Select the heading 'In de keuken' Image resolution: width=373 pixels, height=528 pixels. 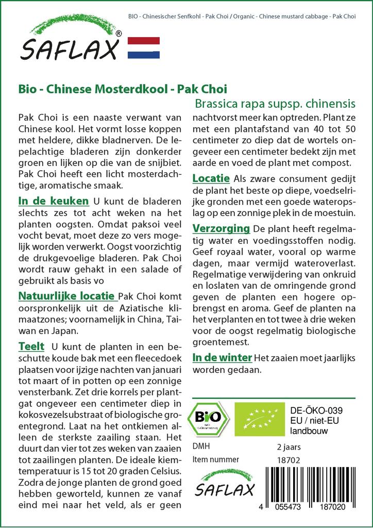pos(53,200)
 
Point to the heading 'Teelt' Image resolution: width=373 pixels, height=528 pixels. pos(31,346)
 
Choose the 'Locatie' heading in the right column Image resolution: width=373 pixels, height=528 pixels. pos(211,178)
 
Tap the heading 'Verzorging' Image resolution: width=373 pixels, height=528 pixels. pos(221,228)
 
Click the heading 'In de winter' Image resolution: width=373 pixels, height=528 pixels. pos(222,357)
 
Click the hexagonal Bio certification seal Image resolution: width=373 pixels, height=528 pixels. pos(209,419)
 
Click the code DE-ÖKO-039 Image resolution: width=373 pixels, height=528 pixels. pos(317,410)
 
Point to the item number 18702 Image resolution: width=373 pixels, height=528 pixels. pos(288,459)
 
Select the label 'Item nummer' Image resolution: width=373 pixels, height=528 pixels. pos(215,459)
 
